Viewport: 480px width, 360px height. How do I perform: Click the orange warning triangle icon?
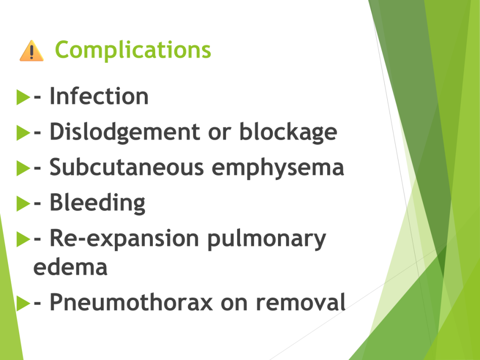pos(31,51)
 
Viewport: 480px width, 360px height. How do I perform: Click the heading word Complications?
pos(133,50)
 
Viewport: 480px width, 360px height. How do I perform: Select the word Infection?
pos(99,96)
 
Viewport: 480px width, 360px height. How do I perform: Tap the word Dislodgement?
pos(125,132)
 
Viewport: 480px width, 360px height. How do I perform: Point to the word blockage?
pos(288,132)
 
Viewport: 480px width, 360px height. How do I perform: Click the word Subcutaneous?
pos(127,167)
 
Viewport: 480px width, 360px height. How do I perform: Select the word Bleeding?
pos(97,203)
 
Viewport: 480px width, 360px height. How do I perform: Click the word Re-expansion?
pos(124,239)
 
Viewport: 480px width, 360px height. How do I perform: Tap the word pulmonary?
pos(267,239)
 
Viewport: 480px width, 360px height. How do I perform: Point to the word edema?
pos(70,267)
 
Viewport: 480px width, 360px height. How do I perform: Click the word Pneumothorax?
pos(131,302)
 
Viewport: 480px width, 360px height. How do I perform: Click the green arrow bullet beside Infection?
pos(23,97)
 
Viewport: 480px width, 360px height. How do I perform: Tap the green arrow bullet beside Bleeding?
pos(23,203)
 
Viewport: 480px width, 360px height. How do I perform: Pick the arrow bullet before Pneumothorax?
pos(23,303)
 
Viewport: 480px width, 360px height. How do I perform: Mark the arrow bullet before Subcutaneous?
pos(23,168)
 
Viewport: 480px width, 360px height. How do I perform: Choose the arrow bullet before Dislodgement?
pos(23,133)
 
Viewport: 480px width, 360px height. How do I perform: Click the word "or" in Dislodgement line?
pos(220,133)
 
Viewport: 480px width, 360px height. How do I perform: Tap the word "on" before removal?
pos(234,303)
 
